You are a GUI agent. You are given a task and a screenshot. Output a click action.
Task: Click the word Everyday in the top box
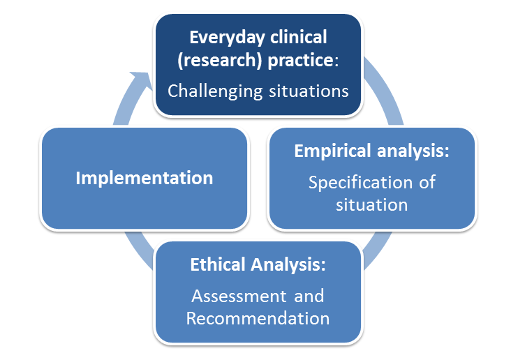click(228, 38)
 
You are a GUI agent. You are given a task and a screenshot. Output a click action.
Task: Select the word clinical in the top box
click(299, 37)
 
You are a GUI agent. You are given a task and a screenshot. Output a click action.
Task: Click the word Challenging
click(215, 91)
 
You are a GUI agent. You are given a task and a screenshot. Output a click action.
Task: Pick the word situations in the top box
click(309, 91)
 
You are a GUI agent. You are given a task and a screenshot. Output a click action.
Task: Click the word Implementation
click(145, 179)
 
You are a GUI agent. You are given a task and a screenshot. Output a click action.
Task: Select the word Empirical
click(333, 151)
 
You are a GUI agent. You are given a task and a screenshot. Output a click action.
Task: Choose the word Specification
click(361, 183)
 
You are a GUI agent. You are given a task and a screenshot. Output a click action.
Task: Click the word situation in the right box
click(371, 205)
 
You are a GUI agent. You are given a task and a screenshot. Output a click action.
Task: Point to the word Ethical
click(218, 264)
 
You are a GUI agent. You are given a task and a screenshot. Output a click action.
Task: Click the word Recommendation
click(258, 318)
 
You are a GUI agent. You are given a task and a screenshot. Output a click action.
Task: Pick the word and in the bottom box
click(309, 296)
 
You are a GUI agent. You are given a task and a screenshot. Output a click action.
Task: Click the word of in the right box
click(427, 182)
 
